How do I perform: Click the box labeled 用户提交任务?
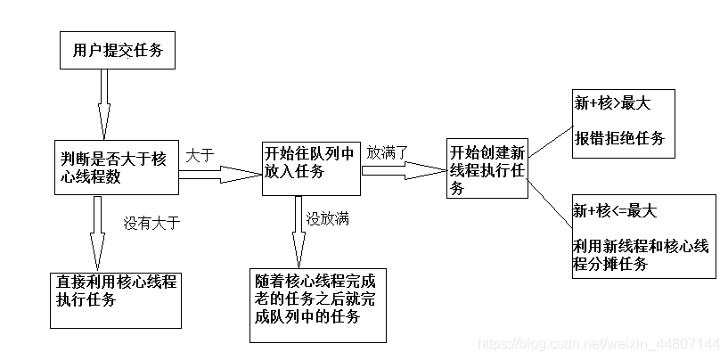[117, 50]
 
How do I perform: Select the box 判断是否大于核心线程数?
[117, 168]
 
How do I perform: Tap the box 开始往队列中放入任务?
[310, 168]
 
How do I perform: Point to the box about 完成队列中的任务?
[318, 302]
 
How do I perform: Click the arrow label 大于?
[200, 154]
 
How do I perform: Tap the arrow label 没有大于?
[151, 223]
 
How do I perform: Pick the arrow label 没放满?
[327, 217]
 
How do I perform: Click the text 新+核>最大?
[612, 104]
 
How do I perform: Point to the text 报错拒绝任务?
[619, 138]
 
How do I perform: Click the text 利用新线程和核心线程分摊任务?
[642, 255]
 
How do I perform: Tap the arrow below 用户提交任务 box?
[104, 102]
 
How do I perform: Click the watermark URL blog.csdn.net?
[598, 343]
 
